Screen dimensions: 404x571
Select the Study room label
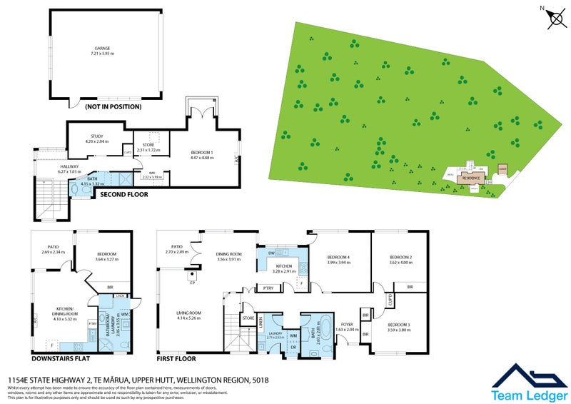point(97,136)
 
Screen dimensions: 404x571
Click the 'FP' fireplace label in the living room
point(192,283)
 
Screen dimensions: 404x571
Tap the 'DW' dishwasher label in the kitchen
point(272,253)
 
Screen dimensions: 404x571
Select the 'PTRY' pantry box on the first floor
point(268,288)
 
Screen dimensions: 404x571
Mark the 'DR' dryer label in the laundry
point(293,348)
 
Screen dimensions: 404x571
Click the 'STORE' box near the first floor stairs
point(249,318)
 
